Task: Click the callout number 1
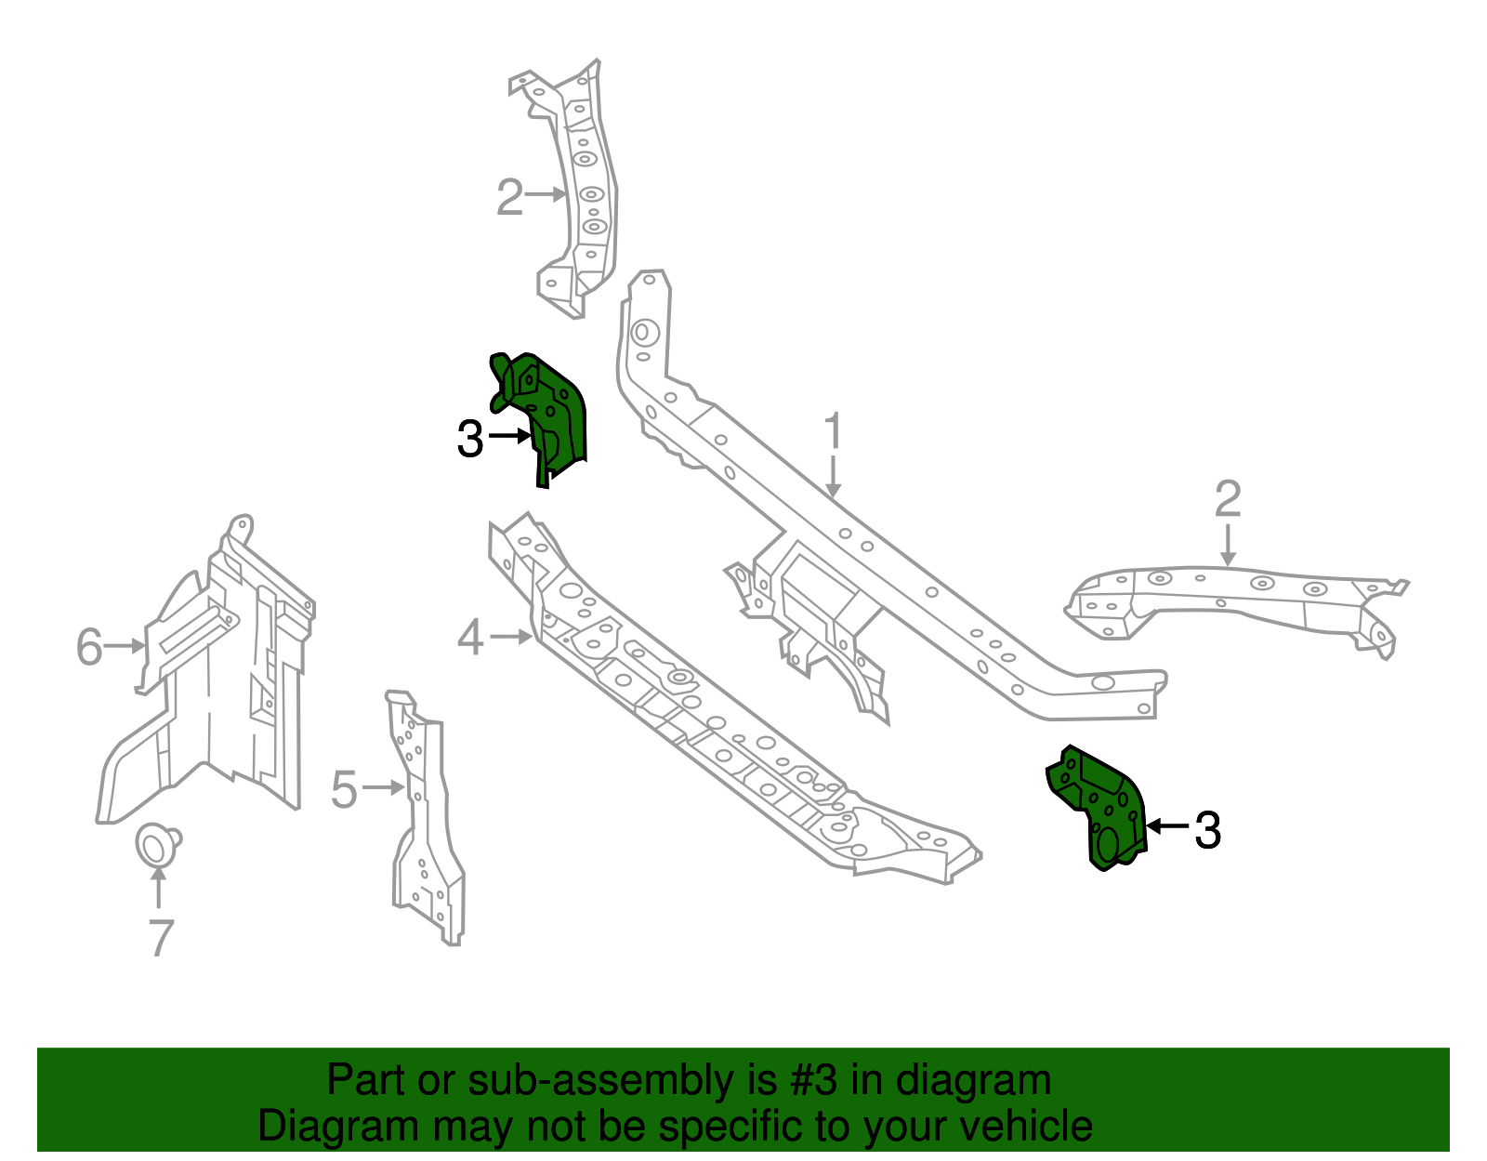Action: (x=834, y=433)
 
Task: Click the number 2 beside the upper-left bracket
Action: (x=509, y=198)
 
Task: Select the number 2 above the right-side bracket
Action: (x=1228, y=500)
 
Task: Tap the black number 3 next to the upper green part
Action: (x=470, y=440)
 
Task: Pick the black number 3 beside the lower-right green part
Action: (x=1207, y=830)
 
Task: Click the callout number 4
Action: (x=471, y=640)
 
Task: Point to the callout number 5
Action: (x=344, y=790)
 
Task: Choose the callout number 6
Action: (x=89, y=647)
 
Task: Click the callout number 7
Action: (x=161, y=938)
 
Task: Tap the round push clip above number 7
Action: (x=156, y=844)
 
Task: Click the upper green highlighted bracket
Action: (x=548, y=409)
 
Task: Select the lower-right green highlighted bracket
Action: (x=1101, y=804)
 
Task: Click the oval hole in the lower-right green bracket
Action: (x=1108, y=843)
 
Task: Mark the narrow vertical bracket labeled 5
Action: (x=423, y=818)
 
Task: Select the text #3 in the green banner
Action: (x=814, y=1081)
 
